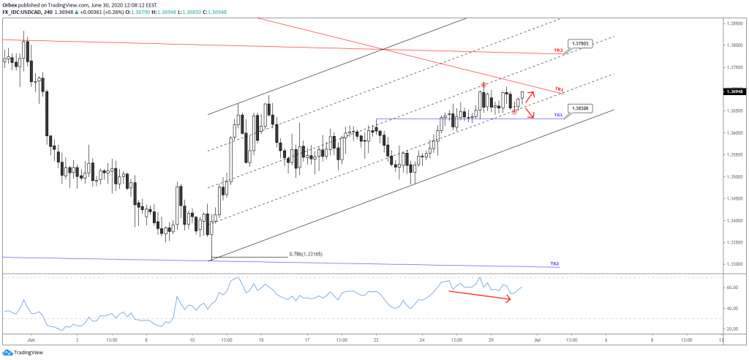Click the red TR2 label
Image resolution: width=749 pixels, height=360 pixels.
pyautogui.click(x=558, y=50)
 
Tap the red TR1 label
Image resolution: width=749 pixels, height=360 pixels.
pyautogui.click(x=559, y=89)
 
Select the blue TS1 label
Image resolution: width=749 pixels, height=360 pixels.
pyautogui.click(x=558, y=115)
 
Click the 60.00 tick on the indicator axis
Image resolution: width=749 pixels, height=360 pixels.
pyautogui.click(x=731, y=288)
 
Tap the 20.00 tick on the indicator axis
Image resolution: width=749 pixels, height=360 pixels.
pyautogui.click(x=731, y=330)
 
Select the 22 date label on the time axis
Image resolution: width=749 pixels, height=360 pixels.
pyautogui.click(x=376, y=340)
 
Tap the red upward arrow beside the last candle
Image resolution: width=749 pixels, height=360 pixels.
pyautogui.click(x=530, y=97)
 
